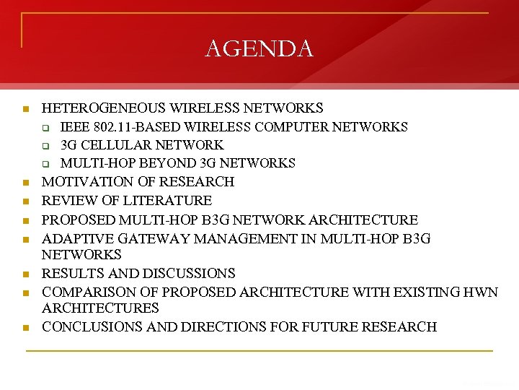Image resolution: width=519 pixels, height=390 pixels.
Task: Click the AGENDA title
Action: point(259,48)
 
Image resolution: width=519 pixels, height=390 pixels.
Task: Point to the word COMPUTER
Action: point(293,127)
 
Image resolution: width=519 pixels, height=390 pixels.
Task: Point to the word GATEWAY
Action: point(141,238)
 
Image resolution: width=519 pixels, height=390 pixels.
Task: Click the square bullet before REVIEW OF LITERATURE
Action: point(25,201)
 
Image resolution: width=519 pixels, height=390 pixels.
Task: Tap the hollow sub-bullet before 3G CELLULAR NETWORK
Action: point(45,146)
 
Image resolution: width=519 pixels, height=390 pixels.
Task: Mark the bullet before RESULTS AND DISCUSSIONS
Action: point(25,274)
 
